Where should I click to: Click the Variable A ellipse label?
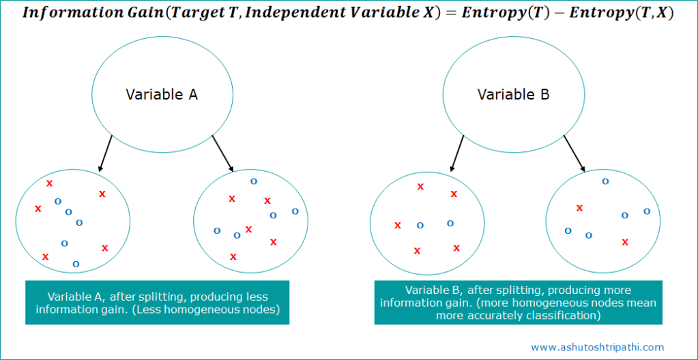(x=162, y=95)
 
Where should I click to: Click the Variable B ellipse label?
(x=513, y=95)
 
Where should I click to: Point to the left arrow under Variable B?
(x=456, y=153)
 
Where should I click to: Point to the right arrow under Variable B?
(x=575, y=153)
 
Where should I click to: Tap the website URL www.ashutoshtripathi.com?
(x=597, y=347)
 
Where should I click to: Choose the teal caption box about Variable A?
(x=157, y=303)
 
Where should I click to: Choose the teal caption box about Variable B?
(x=518, y=303)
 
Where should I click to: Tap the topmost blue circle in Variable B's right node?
(x=605, y=181)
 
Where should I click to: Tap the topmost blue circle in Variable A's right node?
(x=254, y=181)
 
